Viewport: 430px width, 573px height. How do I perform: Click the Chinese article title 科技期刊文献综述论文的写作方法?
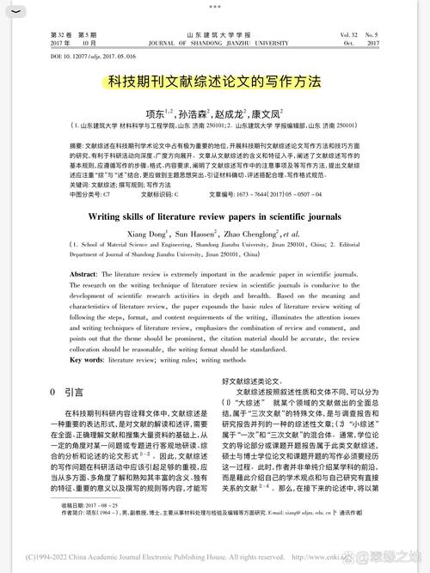[x=214, y=82]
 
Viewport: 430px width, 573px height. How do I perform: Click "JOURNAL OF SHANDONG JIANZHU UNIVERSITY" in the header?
[x=214, y=42]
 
